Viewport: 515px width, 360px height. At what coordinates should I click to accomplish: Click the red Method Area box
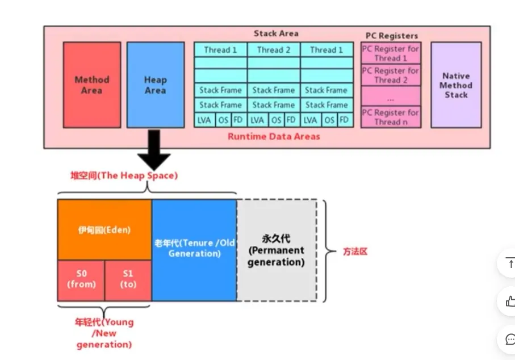[91, 85]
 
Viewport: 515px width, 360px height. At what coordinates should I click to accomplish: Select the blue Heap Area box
[155, 85]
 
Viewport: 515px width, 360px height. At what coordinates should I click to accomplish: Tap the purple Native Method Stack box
[456, 85]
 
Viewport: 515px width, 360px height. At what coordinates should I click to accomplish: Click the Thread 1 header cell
[220, 50]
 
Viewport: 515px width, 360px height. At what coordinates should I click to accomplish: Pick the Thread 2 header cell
[273, 50]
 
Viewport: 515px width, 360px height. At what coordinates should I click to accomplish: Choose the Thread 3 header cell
[326, 50]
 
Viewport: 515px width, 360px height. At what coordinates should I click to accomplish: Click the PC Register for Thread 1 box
[391, 53]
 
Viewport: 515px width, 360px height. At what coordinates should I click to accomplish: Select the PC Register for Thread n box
[391, 117]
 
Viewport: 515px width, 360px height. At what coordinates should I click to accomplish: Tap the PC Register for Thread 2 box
[391, 76]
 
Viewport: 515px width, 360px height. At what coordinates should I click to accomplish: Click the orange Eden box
[104, 230]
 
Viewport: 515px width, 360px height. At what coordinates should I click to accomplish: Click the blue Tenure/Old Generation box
[194, 249]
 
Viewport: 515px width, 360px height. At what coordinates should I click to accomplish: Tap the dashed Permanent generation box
[277, 250]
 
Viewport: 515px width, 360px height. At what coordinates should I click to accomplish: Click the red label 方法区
[355, 251]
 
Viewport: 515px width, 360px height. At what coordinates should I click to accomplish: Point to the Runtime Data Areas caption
[274, 136]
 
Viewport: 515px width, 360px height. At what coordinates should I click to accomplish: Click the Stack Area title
[276, 34]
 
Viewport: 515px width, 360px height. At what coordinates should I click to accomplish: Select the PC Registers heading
[391, 36]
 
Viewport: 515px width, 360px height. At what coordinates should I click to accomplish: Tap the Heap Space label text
[124, 175]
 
